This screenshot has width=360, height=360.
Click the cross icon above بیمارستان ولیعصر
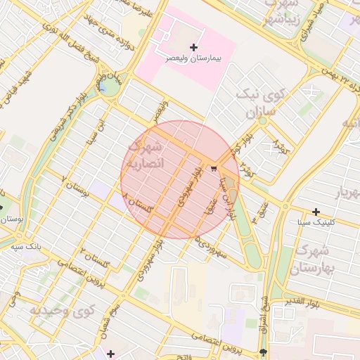click(x=194, y=47)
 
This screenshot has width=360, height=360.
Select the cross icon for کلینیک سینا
click(x=316, y=212)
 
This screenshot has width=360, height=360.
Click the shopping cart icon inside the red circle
click(x=213, y=168)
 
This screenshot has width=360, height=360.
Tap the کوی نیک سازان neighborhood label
click(x=264, y=103)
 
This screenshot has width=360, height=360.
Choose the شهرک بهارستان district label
click(x=313, y=259)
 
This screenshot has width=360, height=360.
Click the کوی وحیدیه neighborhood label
click(x=62, y=309)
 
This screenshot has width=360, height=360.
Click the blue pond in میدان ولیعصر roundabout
click(x=105, y=87)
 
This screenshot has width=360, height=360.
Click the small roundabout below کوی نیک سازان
click(x=262, y=120)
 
